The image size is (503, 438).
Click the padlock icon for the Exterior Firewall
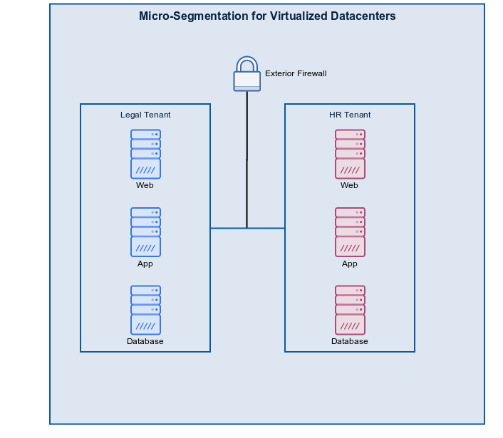[247, 75]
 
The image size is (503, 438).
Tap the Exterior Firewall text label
[296, 73]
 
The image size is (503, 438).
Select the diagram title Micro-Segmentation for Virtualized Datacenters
[267, 16]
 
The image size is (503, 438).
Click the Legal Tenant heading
[145, 115]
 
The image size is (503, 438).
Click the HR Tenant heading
[350, 115]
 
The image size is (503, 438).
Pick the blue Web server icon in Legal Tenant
[145, 154]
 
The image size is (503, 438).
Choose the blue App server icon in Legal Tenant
[145, 232]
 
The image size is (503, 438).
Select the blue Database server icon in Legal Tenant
[145, 310]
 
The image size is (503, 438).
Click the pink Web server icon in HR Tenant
[350, 154]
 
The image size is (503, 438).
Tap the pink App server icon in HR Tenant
[350, 232]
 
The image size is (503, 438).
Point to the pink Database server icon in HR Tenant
[350, 310]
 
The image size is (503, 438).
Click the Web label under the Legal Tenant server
[145, 185]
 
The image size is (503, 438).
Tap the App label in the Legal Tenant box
[145, 264]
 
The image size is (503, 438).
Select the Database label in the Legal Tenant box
[145, 341]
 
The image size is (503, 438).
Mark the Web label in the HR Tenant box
[350, 185]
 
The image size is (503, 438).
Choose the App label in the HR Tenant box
[350, 264]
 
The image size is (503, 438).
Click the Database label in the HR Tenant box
[350, 341]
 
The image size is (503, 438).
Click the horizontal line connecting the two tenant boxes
[228, 229]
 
